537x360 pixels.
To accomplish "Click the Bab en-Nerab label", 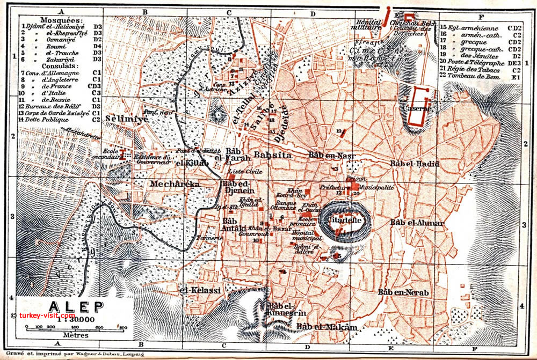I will coord(403,292).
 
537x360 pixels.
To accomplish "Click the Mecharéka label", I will coord(175,184).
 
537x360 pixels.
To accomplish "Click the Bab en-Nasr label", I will coord(330,155).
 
